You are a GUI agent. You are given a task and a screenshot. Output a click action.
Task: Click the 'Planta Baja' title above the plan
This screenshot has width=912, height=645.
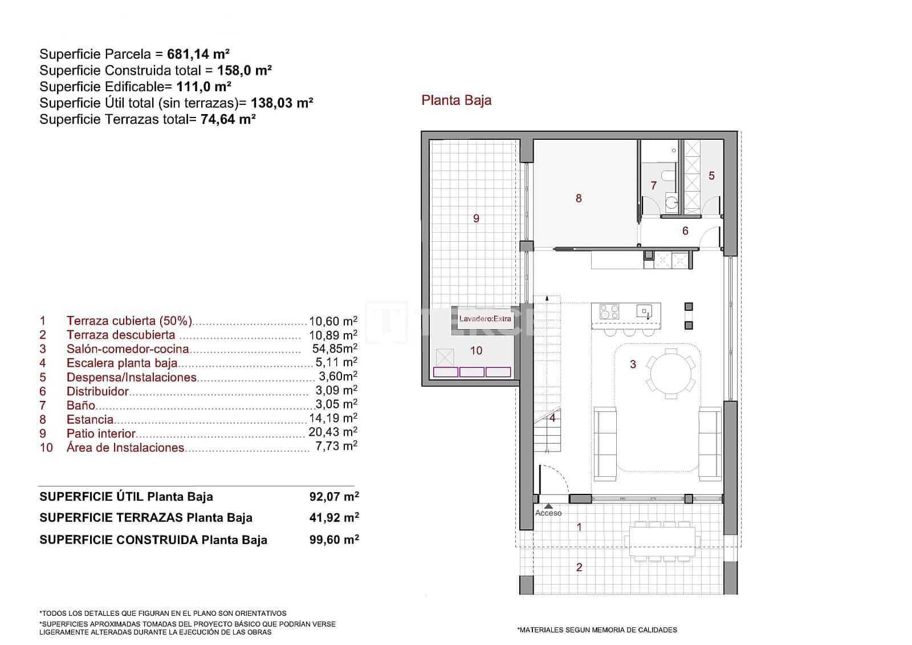(456, 100)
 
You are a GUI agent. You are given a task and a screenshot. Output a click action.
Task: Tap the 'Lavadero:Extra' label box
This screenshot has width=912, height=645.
(485, 319)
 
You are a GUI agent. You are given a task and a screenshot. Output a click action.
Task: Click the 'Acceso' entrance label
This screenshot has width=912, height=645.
(548, 513)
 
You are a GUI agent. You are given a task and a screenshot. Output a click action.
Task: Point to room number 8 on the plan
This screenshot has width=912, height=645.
(579, 198)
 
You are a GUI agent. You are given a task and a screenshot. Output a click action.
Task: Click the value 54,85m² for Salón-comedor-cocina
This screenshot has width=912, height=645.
(335, 348)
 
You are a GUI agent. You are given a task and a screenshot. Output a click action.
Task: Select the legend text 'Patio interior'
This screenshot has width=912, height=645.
(101, 433)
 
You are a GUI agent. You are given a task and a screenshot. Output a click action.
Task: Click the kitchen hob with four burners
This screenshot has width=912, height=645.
(609, 312)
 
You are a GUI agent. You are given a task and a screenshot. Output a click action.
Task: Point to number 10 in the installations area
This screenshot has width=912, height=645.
(476, 351)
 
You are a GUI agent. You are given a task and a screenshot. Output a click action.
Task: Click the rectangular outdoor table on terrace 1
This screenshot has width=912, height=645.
(662, 541)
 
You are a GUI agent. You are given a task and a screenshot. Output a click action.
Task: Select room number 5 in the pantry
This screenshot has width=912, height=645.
(711, 176)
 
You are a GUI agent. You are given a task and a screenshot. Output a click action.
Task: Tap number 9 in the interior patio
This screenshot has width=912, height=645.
(476, 218)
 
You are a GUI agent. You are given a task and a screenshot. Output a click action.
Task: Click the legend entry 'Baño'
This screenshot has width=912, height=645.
(80, 405)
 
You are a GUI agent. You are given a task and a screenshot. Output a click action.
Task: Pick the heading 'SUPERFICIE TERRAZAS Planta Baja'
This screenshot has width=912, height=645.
(146, 518)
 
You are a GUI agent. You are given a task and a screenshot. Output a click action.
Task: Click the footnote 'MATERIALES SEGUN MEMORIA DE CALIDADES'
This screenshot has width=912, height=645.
(597, 630)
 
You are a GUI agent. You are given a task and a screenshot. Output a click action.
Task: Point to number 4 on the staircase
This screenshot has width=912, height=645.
(552, 418)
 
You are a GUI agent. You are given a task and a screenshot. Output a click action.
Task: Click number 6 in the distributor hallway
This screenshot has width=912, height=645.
(685, 231)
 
